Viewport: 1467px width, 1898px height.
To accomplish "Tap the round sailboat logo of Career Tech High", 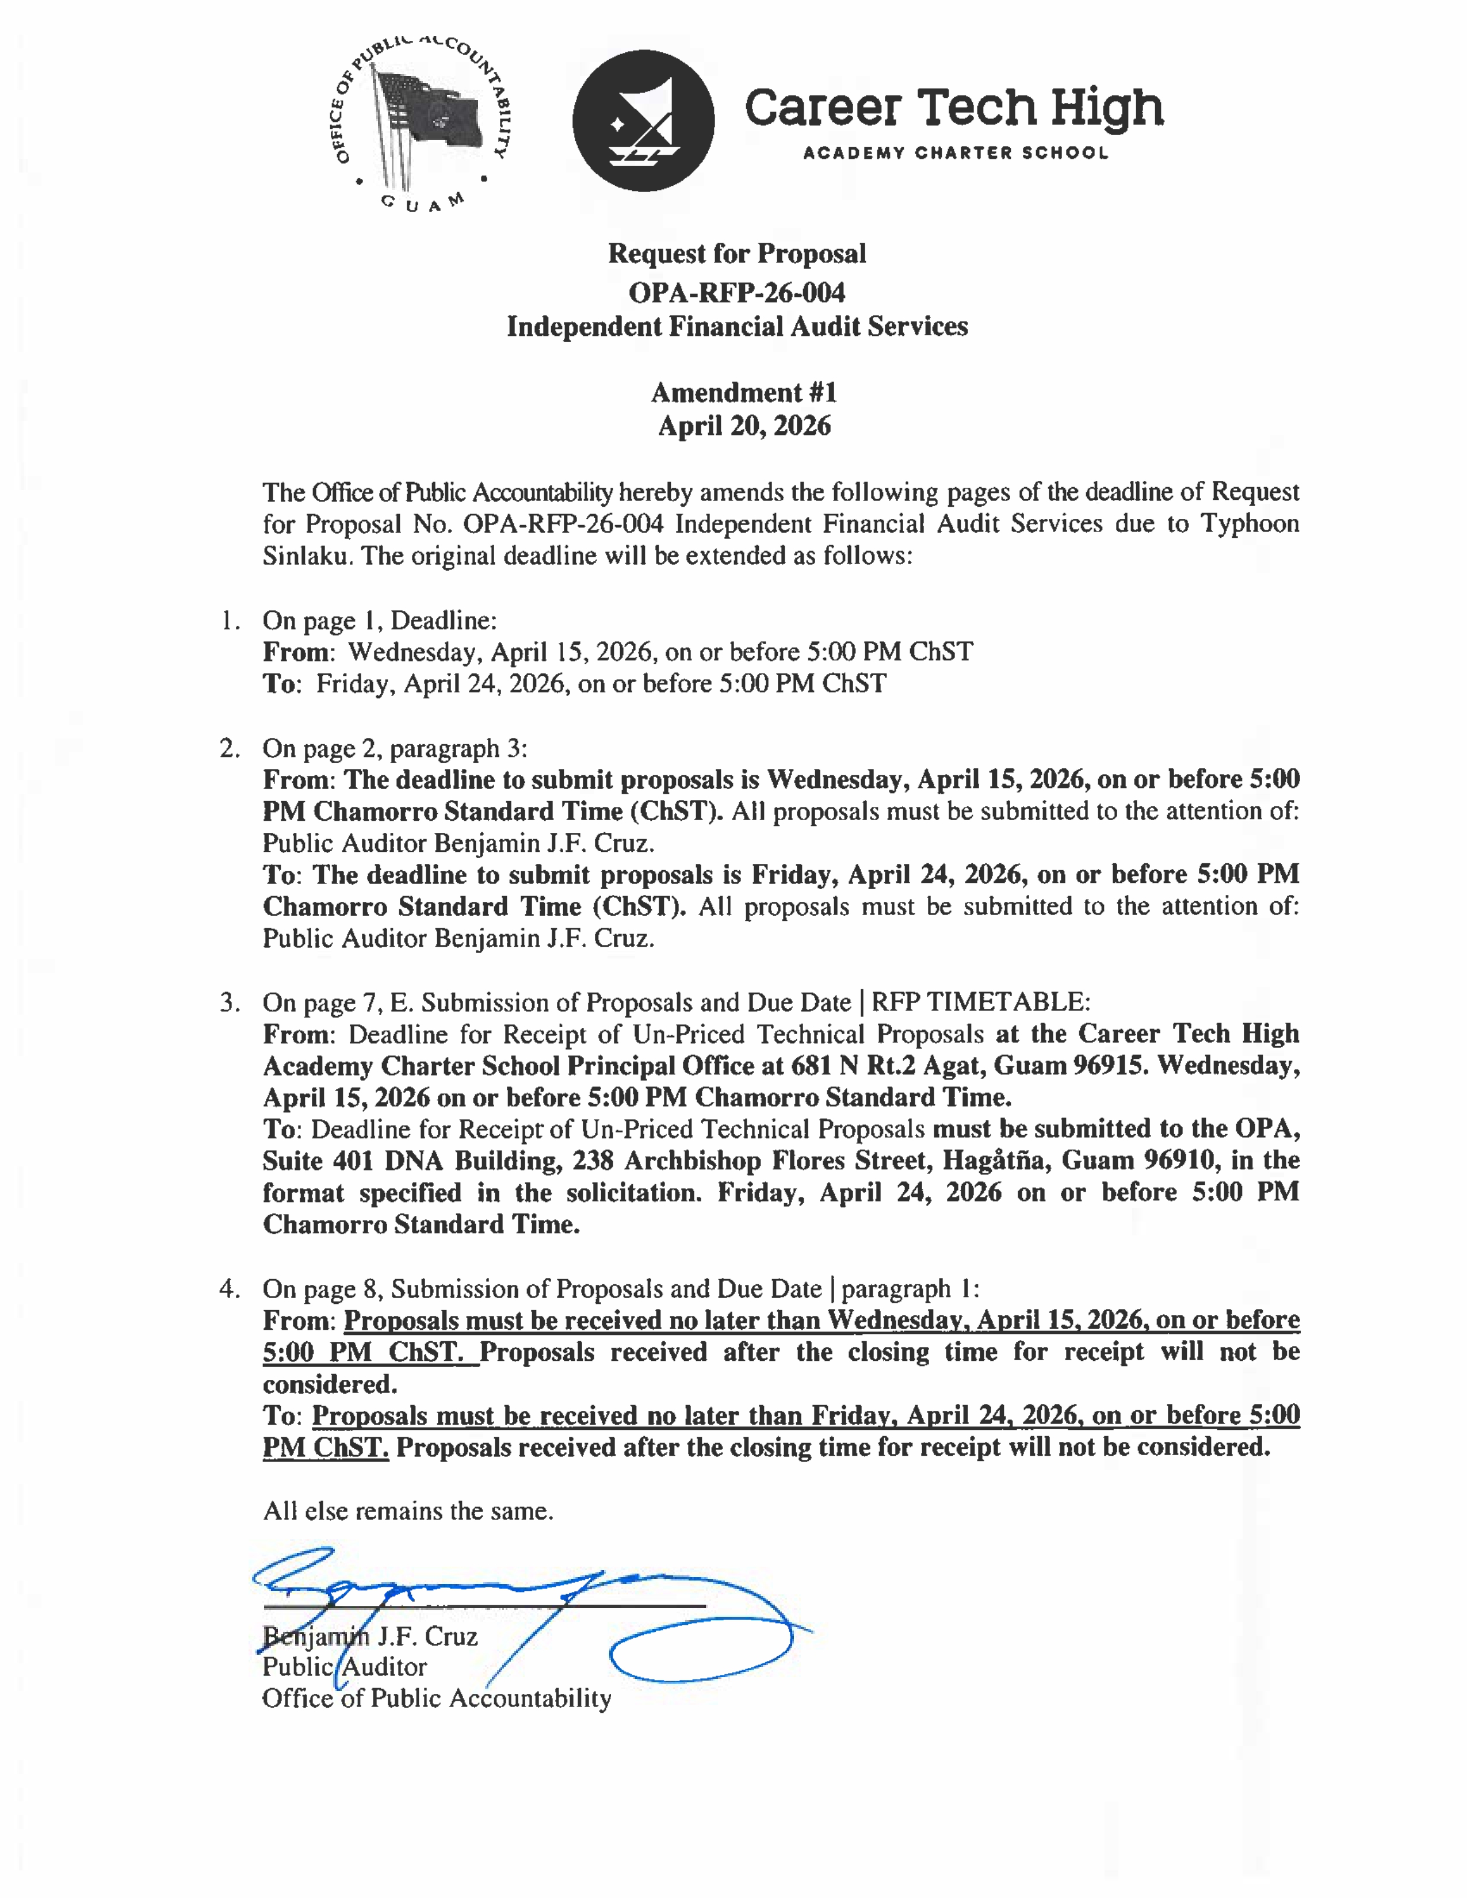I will pyautogui.click(x=643, y=121).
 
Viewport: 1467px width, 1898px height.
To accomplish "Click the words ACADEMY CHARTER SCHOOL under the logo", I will pyautogui.click(x=955, y=154).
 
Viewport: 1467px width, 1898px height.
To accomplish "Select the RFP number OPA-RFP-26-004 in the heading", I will pyautogui.click(x=737, y=292).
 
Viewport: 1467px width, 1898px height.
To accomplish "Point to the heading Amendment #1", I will pyautogui.click(x=744, y=393).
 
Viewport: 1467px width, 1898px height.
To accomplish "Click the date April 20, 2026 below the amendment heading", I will pyautogui.click(x=744, y=426).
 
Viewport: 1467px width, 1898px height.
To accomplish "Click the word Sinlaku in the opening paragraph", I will pyautogui.click(x=307, y=556).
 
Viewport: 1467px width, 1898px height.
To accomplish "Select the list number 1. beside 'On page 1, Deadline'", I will pyautogui.click(x=230, y=621).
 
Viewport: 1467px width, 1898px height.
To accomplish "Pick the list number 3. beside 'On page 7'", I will pyautogui.click(x=230, y=1003).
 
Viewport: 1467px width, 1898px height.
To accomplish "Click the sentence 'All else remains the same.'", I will pyautogui.click(x=408, y=1511).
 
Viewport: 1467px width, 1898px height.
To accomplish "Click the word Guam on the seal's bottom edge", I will pyautogui.click(x=423, y=204).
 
